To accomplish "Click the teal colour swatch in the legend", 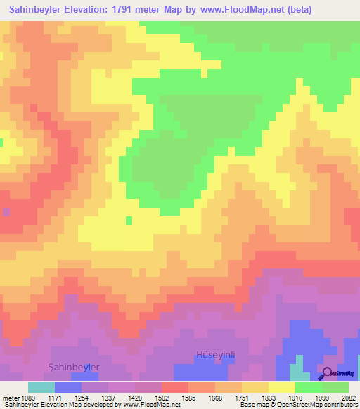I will [x=41, y=387].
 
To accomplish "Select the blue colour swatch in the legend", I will [x=68, y=387].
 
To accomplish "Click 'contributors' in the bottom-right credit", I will [x=340, y=405].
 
